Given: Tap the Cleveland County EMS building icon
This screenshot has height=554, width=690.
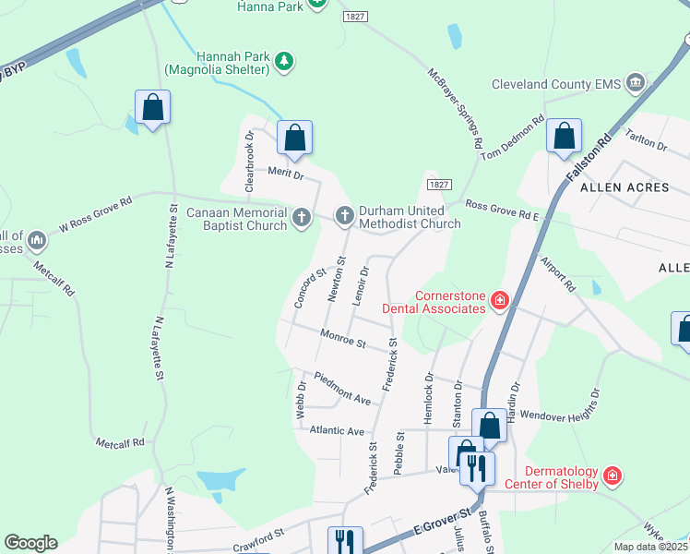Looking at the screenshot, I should [x=635, y=84].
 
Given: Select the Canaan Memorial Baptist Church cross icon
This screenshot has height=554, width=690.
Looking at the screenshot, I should [x=302, y=218].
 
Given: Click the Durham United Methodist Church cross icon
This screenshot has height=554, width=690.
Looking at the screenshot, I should [x=344, y=216].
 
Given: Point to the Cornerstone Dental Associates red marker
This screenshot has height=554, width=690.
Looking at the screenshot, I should [x=499, y=299].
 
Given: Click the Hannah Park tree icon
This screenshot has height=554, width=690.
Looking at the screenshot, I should [x=286, y=62].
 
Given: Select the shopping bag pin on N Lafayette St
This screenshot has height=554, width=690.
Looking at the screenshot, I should [x=152, y=107].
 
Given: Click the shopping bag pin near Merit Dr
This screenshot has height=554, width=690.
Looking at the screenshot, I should [x=294, y=138].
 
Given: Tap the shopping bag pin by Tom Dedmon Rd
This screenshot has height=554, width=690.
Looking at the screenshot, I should [x=563, y=137].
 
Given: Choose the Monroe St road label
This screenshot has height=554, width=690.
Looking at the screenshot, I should [x=343, y=339].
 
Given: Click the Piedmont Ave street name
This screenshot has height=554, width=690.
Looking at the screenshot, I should [x=342, y=388].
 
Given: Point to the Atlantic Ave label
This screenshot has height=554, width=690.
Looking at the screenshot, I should [x=337, y=430].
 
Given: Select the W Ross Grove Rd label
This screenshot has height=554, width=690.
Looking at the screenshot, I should [x=96, y=213].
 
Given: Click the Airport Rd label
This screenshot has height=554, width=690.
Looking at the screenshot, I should [x=557, y=273].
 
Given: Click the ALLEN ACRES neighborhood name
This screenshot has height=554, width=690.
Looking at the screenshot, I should [x=624, y=187].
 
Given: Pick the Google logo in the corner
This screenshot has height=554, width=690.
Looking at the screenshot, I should [x=30, y=543].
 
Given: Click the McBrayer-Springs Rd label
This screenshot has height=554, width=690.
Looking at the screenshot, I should [x=455, y=108].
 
